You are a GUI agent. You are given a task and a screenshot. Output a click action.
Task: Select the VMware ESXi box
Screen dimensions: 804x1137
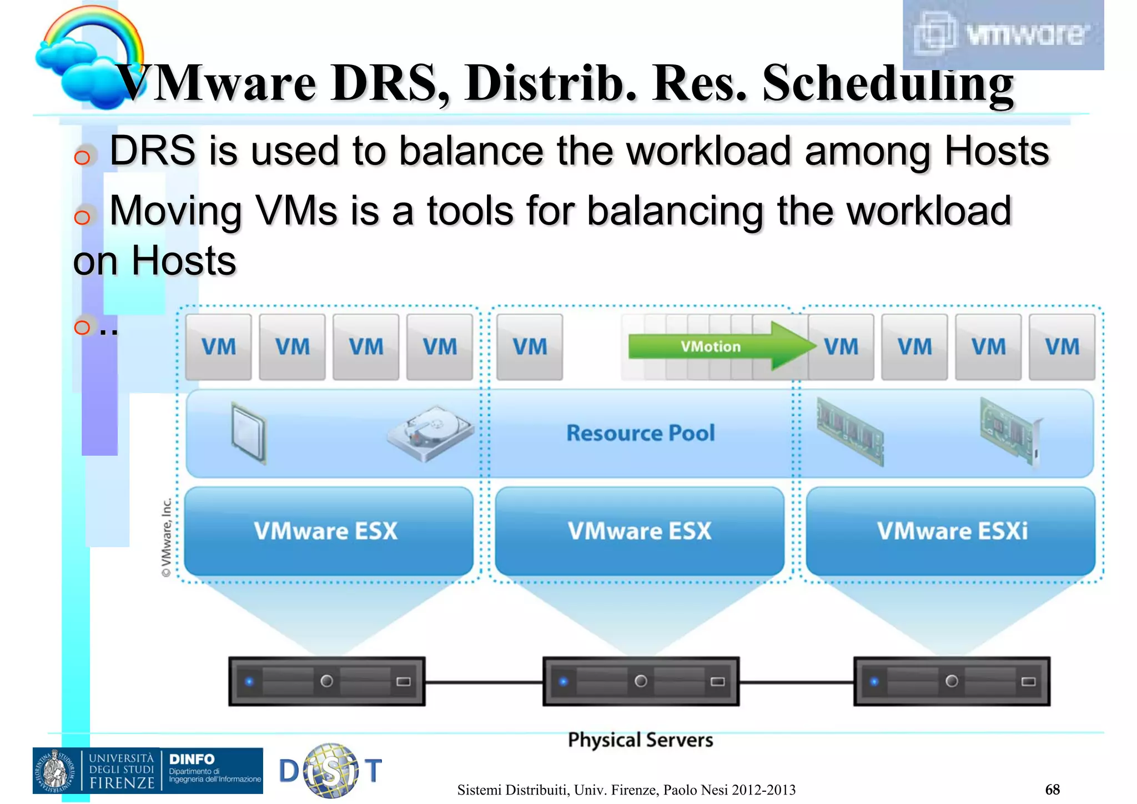tap(951, 530)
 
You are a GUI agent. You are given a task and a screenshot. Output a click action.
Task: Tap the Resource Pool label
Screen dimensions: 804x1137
tap(640, 433)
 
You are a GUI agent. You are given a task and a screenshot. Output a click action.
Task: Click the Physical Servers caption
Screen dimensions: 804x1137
tap(640, 740)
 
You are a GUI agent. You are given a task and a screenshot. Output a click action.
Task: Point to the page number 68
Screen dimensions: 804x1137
tap(1052, 789)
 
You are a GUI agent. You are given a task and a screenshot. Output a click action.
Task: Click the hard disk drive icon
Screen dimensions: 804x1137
tap(430, 433)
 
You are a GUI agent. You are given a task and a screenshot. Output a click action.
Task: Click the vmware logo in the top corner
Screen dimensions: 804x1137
tap(1003, 34)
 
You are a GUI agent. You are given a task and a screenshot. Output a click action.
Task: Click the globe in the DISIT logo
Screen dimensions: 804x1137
tap(331, 770)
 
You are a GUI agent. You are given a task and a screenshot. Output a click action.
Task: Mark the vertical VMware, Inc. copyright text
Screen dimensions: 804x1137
tap(166, 537)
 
